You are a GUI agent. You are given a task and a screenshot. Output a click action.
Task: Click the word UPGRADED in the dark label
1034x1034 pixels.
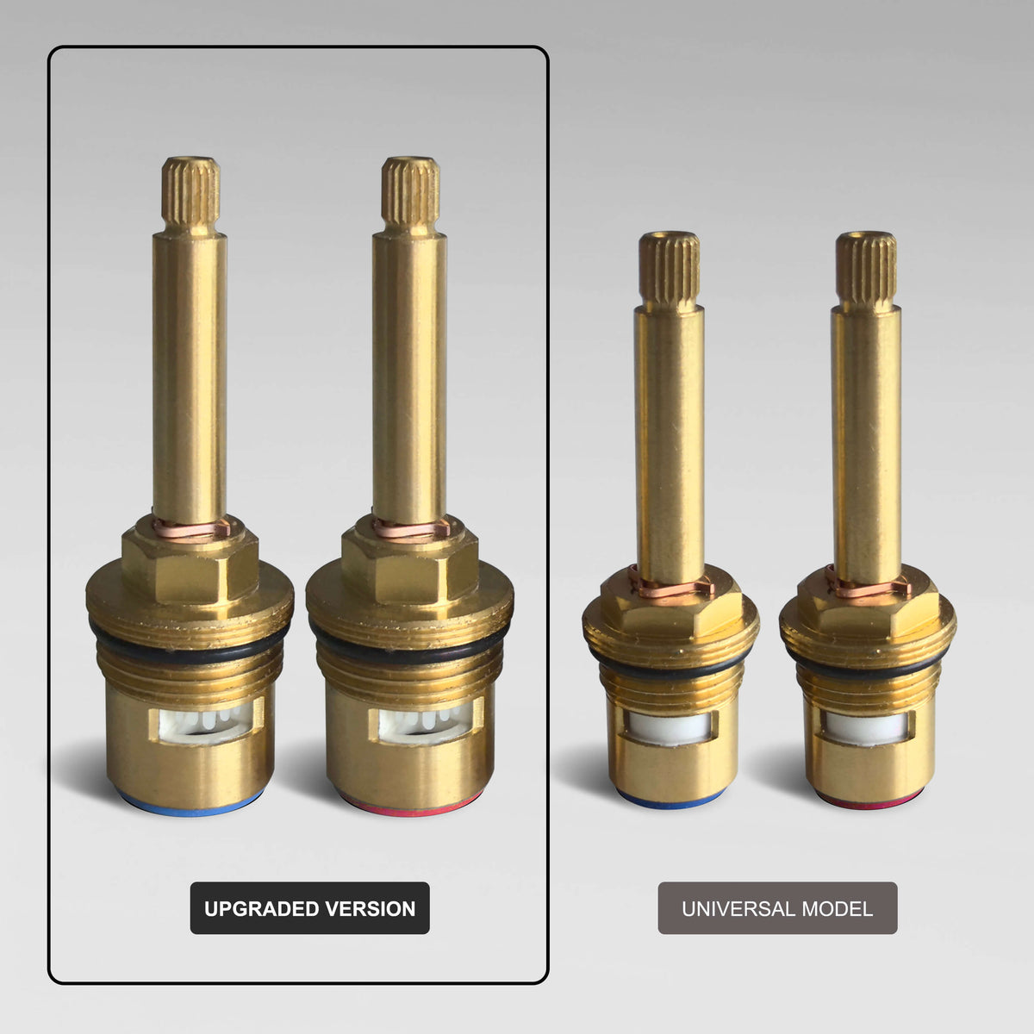click(261, 908)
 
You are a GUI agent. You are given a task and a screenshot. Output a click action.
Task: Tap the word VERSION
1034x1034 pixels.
click(371, 908)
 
